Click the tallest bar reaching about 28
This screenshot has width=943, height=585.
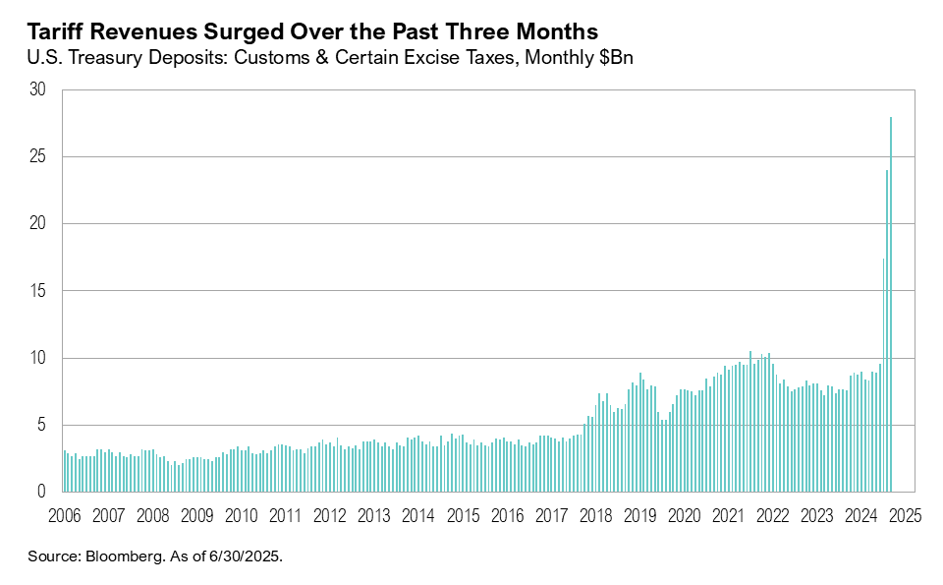point(891,305)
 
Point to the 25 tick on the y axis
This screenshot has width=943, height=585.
point(38,157)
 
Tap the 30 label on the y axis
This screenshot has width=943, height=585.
point(38,89)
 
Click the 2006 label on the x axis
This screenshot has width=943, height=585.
point(64,515)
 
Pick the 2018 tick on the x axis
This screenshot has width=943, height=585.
point(596,515)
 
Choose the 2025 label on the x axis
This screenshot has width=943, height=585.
point(906,515)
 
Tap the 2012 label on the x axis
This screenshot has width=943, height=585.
point(330,515)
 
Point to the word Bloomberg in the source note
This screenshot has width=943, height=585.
point(124,556)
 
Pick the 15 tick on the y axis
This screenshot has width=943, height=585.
point(38,291)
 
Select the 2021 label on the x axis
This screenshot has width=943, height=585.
point(729,515)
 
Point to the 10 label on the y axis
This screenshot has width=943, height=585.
point(38,358)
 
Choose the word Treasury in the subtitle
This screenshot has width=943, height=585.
point(111,59)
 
